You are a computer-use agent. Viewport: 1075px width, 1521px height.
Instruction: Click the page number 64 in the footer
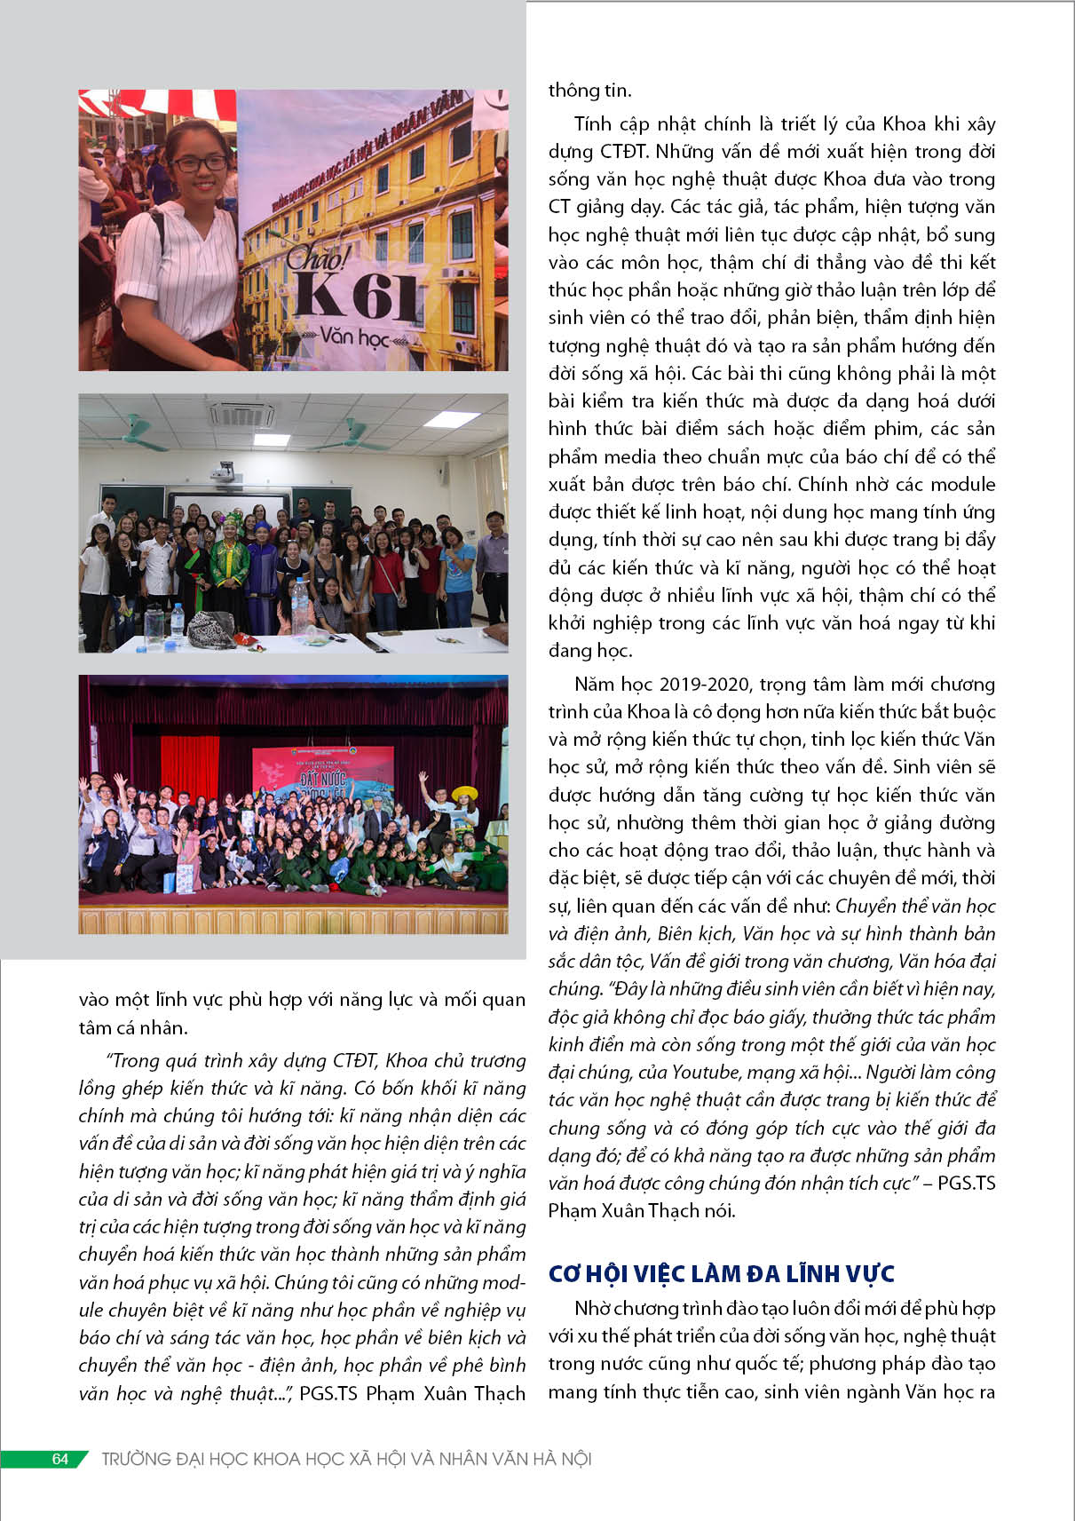pos(60,1459)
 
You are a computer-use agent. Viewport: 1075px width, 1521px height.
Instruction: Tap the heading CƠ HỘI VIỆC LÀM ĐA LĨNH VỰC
pos(721,1273)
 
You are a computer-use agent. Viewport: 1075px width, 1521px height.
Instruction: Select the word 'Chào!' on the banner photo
pos(318,257)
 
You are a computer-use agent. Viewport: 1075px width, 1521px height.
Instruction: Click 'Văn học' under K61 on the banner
pos(354,337)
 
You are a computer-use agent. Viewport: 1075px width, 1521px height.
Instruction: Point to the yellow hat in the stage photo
pos(464,793)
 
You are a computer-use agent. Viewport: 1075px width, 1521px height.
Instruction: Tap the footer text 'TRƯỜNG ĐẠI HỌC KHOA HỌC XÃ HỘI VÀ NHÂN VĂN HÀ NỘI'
pos(346,1459)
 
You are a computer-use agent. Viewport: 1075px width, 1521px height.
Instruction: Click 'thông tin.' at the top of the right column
pos(589,91)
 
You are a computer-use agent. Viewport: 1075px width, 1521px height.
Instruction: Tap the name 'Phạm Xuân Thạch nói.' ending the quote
pos(642,1210)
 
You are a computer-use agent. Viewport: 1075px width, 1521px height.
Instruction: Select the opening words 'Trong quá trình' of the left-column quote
pos(167,1061)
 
